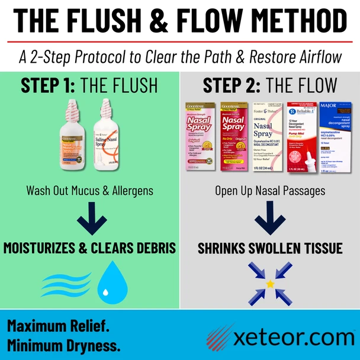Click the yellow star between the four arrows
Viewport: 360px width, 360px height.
[x=270, y=284]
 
